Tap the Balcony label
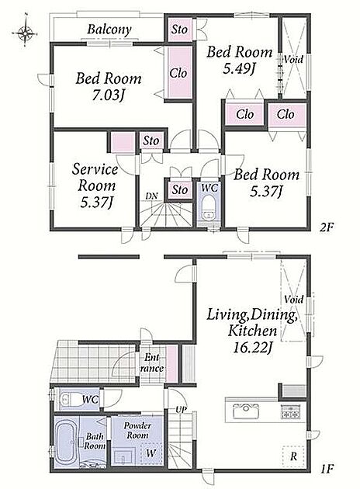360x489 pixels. pyautogui.click(x=109, y=29)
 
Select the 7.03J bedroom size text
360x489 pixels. pyautogui.click(x=108, y=95)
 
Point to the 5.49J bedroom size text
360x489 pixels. pyautogui.click(x=238, y=68)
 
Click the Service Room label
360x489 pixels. pyautogui.click(x=96, y=178)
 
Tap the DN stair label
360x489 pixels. pyautogui.click(x=152, y=196)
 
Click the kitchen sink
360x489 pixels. pyautogui.click(x=246, y=411)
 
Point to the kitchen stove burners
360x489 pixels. pyautogui.click(x=291, y=411)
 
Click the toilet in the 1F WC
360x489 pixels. pyautogui.click(x=70, y=399)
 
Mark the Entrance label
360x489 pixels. pyautogui.click(x=152, y=362)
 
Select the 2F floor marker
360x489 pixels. pyautogui.click(x=327, y=227)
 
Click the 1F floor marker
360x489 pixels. pyautogui.click(x=327, y=468)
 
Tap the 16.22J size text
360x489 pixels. pyautogui.click(x=251, y=348)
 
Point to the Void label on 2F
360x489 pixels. pyautogui.click(x=293, y=59)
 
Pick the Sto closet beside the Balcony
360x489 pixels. pyautogui.click(x=179, y=29)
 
